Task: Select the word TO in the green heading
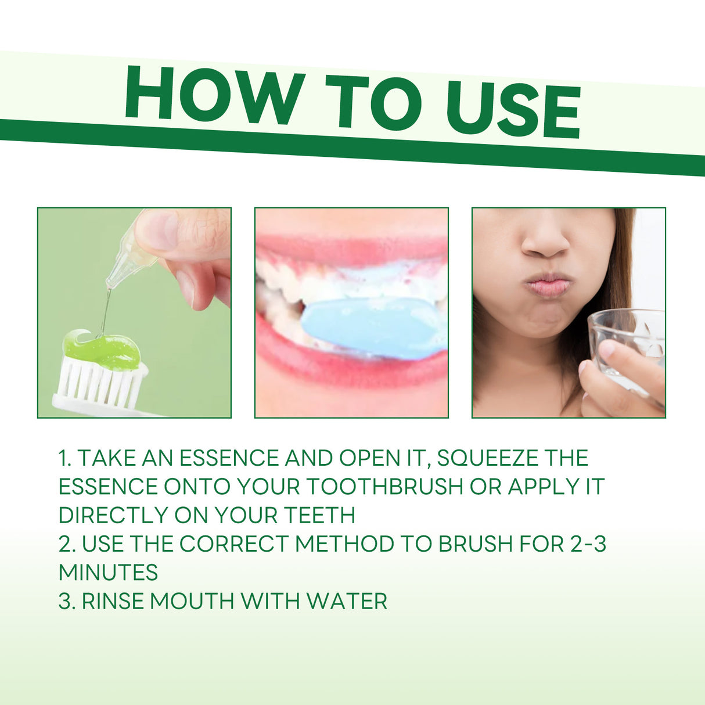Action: click(x=372, y=102)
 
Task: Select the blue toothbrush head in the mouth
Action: click(x=372, y=328)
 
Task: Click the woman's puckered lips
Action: click(x=548, y=285)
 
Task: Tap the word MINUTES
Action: click(x=108, y=573)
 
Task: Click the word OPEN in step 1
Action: click(x=364, y=458)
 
